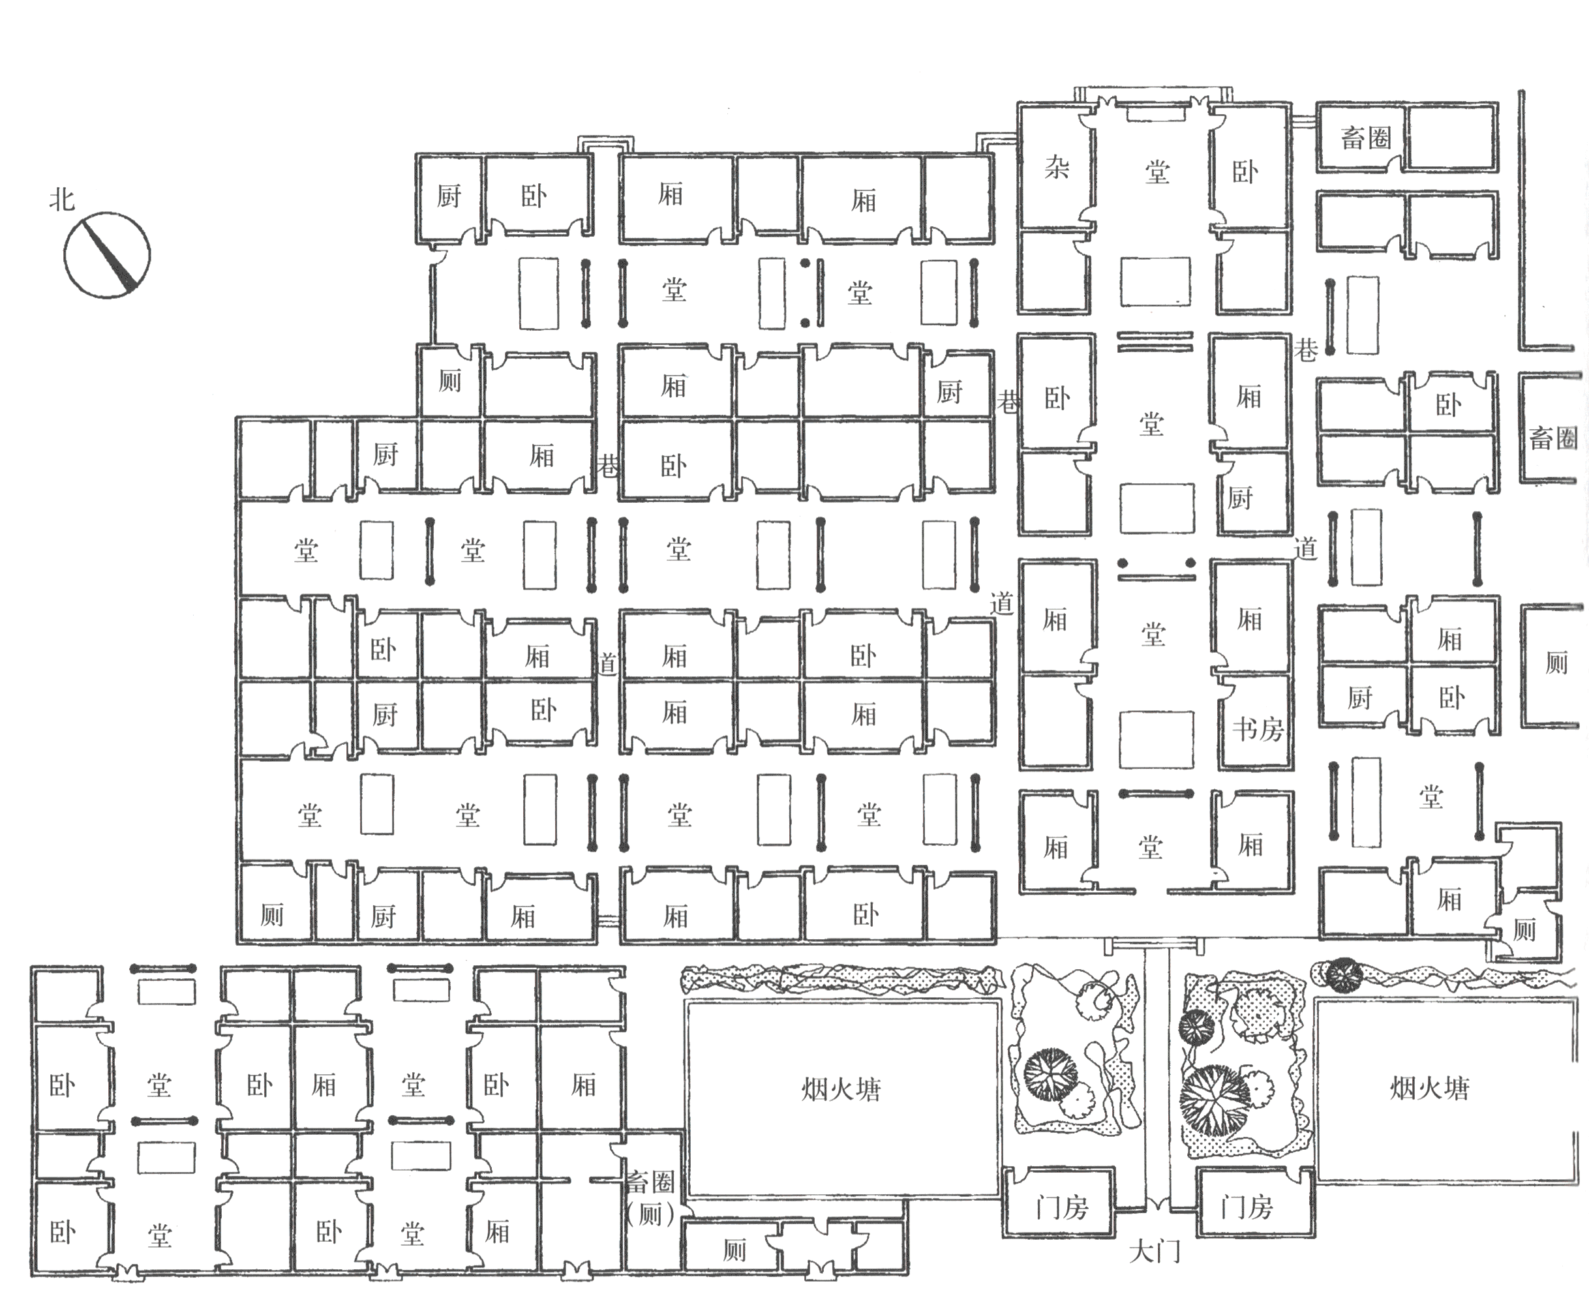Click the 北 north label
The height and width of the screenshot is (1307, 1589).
(x=63, y=200)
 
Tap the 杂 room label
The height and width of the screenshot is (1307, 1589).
(x=1057, y=168)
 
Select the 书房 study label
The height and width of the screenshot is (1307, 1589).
(x=1258, y=729)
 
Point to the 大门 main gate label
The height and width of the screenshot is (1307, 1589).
(x=1155, y=1252)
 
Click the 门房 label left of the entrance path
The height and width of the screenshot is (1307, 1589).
(x=1062, y=1209)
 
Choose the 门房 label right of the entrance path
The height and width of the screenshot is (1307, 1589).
(x=1247, y=1209)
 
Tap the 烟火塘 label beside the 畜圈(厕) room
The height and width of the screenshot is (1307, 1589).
(x=841, y=1089)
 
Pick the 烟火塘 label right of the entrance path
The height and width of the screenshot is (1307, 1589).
(x=1429, y=1088)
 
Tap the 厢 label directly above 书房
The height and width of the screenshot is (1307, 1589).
(x=1249, y=620)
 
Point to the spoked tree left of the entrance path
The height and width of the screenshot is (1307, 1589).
(x=1049, y=1074)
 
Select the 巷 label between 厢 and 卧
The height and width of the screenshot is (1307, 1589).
(x=607, y=466)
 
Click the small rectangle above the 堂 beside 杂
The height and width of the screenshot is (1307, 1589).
(x=1157, y=114)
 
